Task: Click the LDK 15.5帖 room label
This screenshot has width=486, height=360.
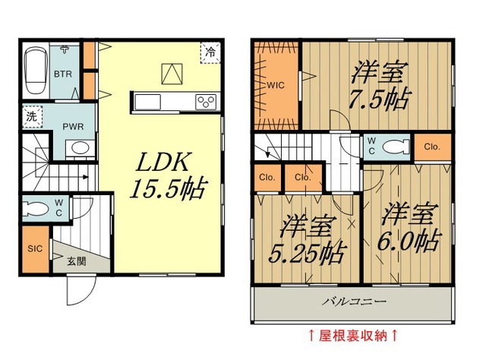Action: click(x=167, y=175)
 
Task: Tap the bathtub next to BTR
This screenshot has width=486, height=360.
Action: click(x=36, y=70)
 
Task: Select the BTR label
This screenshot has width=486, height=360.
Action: click(x=63, y=74)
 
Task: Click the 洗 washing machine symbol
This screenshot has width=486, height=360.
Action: click(x=32, y=117)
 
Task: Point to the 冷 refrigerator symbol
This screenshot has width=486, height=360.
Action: click(x=210, y=52)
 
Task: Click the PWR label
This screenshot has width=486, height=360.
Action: click(x=73, y=127)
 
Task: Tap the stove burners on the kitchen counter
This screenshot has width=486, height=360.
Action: click(x=206, y=102)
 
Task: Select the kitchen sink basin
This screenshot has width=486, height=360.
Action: click(x=148, y=102)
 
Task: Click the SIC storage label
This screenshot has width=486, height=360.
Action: click(x=35, y=248)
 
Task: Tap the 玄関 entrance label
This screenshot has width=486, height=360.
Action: click(x=76, y=262)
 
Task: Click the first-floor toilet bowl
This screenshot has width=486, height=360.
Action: click(x=36, y=209)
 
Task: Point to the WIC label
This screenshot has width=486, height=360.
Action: click(x=276, y=85)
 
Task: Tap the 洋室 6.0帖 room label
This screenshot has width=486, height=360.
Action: click(x=409, y=227)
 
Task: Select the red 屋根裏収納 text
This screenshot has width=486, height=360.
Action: click(x=352, y=336)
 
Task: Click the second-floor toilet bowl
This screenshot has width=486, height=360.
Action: click(x=396, y=147)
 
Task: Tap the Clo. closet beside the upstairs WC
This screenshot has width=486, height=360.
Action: click(x=432, y=147)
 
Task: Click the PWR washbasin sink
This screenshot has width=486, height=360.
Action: click(x=80, y=147)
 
